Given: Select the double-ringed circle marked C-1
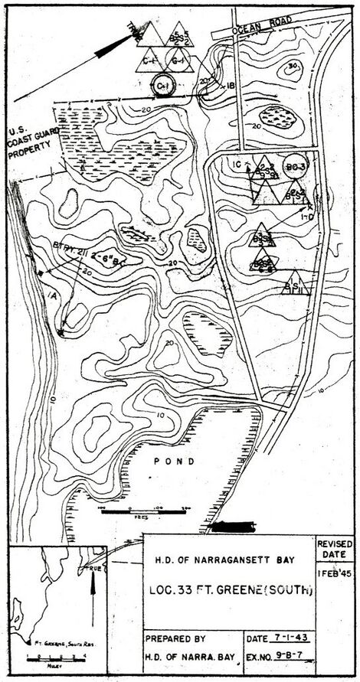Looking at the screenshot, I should click(163, 86).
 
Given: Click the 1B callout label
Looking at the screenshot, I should click(231, 86).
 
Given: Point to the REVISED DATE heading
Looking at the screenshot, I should click(335, 548).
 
